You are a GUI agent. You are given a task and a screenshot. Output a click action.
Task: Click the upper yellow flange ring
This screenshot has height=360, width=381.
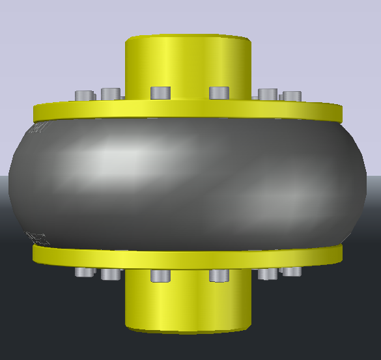(x=189, y=111)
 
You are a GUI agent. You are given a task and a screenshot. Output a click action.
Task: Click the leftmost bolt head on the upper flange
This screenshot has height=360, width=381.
(x=84, y=96)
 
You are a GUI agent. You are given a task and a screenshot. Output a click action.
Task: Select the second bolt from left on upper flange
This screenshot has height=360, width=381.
(x=110, y=94)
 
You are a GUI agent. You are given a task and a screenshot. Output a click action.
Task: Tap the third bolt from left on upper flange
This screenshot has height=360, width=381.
(x=160, y=93)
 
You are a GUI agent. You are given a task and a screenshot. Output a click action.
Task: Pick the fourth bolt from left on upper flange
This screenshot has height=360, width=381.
(x=219, y=93)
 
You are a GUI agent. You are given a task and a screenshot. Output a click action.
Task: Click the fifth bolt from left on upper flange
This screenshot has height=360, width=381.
(x=268, y=94)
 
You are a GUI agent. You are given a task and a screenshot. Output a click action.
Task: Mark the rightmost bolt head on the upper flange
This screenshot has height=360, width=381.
(x=292, y=96)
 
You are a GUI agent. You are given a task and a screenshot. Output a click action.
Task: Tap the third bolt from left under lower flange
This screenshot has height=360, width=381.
(x=160, y=276)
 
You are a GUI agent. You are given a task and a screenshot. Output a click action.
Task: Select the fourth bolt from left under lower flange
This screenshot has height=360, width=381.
(x=219, y=276)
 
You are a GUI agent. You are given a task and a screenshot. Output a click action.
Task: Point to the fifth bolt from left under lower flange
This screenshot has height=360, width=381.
(x=267, y=274)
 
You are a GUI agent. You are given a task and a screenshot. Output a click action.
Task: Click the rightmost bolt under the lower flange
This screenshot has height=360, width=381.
(x=291, y=271)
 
